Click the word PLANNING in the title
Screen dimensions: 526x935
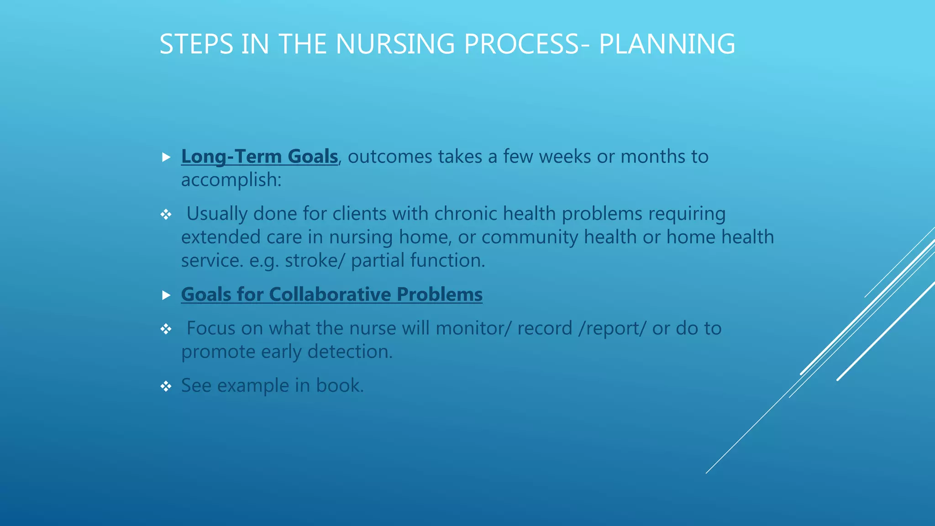tap(667, 44)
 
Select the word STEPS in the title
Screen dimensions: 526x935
tap(196, 44)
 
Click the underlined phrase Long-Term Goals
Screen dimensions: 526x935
tap(259, 157)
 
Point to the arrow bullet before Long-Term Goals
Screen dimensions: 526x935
tap(166, 158)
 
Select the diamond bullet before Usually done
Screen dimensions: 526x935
tap(166, 214)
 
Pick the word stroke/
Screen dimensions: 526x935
tap(315, 261)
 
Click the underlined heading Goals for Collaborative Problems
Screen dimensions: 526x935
tap(331, 295)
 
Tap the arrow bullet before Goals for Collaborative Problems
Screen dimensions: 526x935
tap(166, 295)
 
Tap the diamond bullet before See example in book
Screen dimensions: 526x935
tap(166, 387)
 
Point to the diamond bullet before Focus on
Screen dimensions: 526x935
tap(166, 329)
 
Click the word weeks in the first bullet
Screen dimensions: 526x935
tap(565, 157)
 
